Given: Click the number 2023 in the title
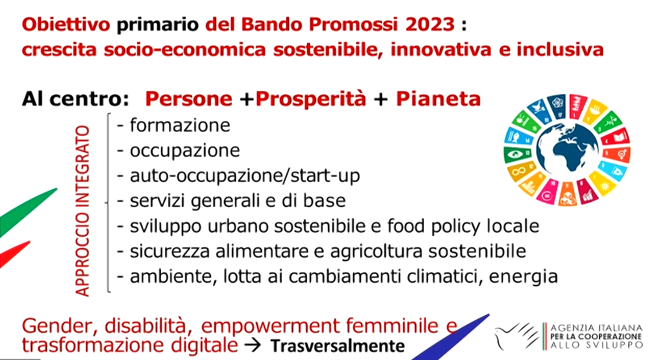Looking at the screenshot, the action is (x=430, y=24).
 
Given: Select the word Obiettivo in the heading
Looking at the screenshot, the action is (x=66, y=24).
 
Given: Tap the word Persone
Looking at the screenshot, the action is (x=188, y=99).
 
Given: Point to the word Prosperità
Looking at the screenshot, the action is (x=311, y=99).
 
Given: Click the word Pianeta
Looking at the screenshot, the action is (x=438, y=99).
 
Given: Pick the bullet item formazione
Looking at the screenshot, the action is (x=180, y=125).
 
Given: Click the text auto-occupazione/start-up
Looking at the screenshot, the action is (x=245, y=176).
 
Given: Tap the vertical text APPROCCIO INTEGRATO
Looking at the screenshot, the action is (x=83, y=210).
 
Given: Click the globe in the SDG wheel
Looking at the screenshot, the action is (x=567, y=150).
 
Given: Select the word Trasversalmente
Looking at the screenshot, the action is (x=337, y=346).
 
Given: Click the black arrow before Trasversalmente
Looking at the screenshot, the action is (x=254, y=346).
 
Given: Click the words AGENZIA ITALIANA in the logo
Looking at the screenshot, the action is (x=596, y=328).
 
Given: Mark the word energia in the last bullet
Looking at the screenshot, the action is (x=523, y=277).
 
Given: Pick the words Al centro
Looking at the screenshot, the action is (x=75, y=99).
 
